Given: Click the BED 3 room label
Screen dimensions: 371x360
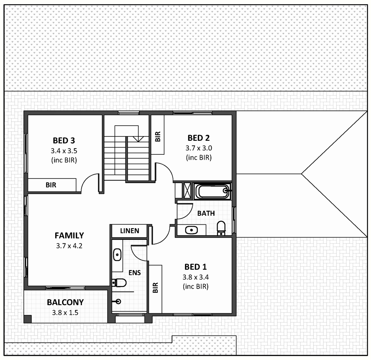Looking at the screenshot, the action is pos(64,140).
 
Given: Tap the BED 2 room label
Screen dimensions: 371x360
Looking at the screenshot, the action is pos(199,138).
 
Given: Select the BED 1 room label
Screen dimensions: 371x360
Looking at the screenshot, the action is pos(196,267).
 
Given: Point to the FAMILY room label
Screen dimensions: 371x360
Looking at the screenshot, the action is pos(69,236).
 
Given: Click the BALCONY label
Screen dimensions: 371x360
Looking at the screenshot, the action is pos(65,302).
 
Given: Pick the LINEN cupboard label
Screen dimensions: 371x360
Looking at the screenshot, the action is pos(130,231).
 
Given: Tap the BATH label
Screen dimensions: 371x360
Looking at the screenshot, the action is pos(206,213).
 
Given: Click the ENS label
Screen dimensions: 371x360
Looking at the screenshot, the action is pos(135,273).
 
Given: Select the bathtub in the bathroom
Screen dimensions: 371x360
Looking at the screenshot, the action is pos(212,191).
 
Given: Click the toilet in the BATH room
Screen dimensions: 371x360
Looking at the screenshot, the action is pos(221,228).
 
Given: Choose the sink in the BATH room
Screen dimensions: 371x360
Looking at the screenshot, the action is pos(192,230).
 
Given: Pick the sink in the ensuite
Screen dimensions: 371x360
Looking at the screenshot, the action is pos(117,255).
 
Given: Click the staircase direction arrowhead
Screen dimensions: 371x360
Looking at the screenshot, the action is pos(138,139).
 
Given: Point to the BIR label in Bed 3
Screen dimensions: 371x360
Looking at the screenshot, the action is pos(51,185).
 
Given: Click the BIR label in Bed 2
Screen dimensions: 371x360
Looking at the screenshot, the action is pos(158,137).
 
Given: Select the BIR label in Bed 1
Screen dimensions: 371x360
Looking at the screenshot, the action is pos(155,288).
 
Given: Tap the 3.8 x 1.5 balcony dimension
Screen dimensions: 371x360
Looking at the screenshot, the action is pos(65,313).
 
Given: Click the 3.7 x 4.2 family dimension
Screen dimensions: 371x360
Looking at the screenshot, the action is pos(69,246).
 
